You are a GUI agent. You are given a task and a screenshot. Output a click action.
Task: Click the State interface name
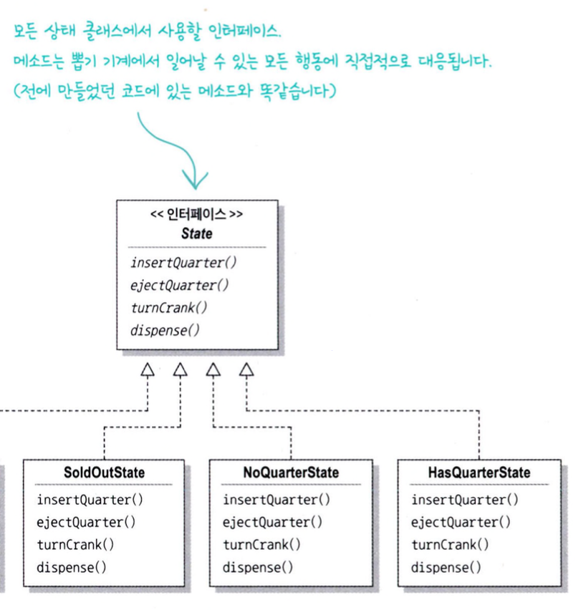click(x=196, y=233)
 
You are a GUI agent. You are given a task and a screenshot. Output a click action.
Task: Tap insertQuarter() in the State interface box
click(x=183, y=262)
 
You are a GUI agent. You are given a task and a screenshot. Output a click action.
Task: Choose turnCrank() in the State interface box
click(x=168, y=308)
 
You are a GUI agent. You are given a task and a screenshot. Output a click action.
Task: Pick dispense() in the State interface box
click(x=165, y=330)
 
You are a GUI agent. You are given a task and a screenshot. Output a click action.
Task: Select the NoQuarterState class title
click(x=290, y=473)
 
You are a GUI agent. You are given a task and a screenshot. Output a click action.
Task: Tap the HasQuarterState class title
click(x=479, y=473)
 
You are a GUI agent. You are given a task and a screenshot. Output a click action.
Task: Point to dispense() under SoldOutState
click(x=72, y=568)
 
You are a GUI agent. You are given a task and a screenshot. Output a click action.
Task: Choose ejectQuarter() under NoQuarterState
click(x=272, y=522)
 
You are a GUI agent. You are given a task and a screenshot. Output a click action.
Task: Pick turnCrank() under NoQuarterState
click(x=261, y=545)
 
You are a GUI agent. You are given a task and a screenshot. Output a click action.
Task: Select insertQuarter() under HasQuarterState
click(x=464, y=500)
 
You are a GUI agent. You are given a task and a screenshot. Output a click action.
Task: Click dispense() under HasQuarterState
click(x=446, y=568)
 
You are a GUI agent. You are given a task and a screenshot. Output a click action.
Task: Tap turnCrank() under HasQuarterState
click(x=450, y=545)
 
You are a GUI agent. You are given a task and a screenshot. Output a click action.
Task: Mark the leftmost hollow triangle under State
click(x=148, y=369)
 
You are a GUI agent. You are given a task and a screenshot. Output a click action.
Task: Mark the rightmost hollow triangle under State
click(x=246, y=369)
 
